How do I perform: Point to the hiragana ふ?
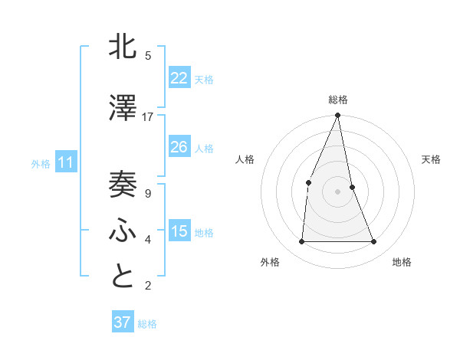pyautogui.click(x=123, y=231)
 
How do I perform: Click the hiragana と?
pyautogui.click(x=123, y=277)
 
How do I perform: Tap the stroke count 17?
pyautogui.click(x=148, y=116)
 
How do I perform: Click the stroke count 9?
pyautogui.click(x=148, y=193)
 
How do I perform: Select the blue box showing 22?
pyautogui.click(x=179, y=78)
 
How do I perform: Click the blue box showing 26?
pyautogui.click(x=179, y=147)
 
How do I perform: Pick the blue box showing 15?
pyautogui.click(x=179, y=231)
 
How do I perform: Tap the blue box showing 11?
pyautogui.click(x=65, y=162)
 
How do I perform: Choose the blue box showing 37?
pyautogui.click(x=122, y=322)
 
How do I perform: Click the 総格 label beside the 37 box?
pyautogui.click(x=147, y=324)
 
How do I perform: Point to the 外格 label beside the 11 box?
pyautogui.click(x=41, y=163)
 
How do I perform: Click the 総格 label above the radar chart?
pyautogui.click(x=338, y=100)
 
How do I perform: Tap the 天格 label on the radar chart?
pyautogui.click(x=432, y=159)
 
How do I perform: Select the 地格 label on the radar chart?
pyautogui.click(x=402, y=262)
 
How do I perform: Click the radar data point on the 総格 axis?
pyautogui.click(x=337, y=116)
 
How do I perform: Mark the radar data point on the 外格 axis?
pyautogui.click(x=301, y=241)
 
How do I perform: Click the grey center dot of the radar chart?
pyautogui.click(x=337, y=191)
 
